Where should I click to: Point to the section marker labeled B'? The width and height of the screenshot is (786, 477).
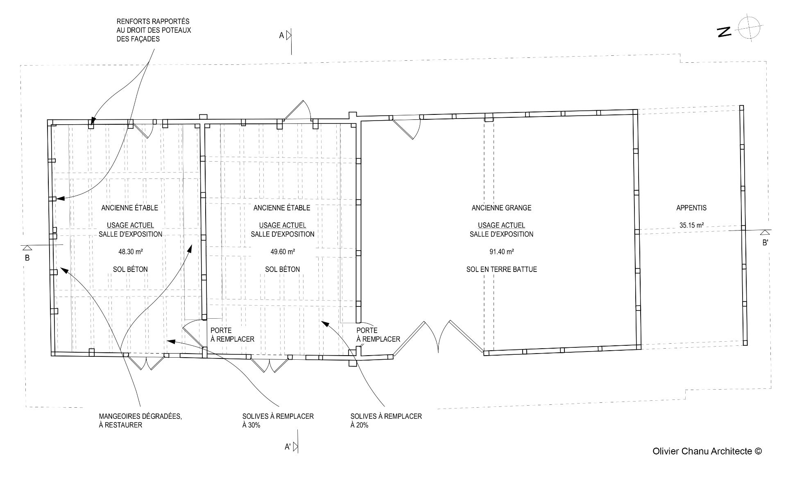pyautogui.click(x=765, y=235)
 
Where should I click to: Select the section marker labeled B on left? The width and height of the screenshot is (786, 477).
pyautogui.click(x=27, y=251)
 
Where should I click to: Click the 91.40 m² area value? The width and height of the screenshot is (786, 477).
pyautogui.click(x=501, y=252)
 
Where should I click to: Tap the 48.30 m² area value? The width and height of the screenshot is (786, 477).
pyautogui.click(x=130, y=252)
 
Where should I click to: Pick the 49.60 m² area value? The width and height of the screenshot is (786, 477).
pyautogui.click(x=283, y=252)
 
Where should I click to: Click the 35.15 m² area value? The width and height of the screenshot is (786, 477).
pyautogui.click(x=691, y=225)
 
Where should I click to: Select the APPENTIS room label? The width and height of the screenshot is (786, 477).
pyautogui.click(x=691, y=208)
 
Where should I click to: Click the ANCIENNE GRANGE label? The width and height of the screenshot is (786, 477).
pyautogui.click(x=501, y=208)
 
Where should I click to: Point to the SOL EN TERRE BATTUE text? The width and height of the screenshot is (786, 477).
pyautogui.click(x=501, y=269)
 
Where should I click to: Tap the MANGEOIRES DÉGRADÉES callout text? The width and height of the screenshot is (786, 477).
pyautogui.click(x=140, y=420)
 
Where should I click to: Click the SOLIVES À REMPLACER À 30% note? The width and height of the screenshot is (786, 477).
pyautogui.click(x=278, y=420)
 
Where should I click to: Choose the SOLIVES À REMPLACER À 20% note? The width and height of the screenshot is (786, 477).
pyautogui.click(x=386, y=420)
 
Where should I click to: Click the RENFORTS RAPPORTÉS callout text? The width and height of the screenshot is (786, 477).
pyautogui.click(x=154, y=30)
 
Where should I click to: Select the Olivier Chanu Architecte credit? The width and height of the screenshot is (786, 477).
pyautogui.click(x=707, y=451)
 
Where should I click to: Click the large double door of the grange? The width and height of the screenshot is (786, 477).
pyautogui.click(x=438, y=336)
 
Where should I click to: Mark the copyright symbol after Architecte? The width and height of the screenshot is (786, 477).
pyautogui.click(x=758, y=451)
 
